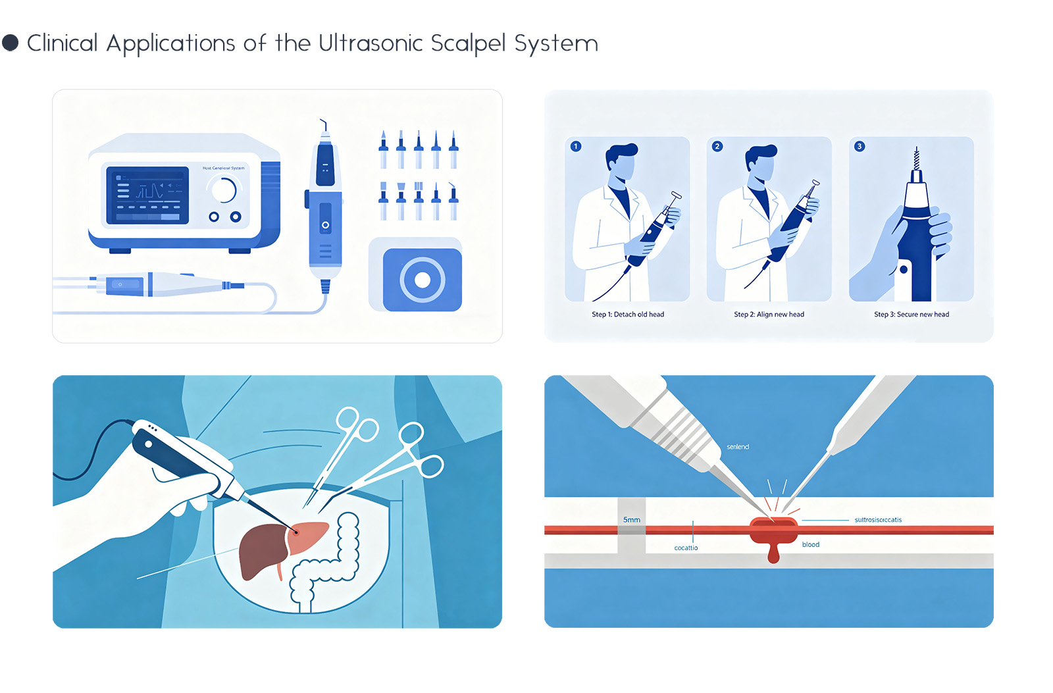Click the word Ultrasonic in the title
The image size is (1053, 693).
pyautogui.click(x=370, y=43)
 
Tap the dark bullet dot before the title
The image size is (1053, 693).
pyautogui.click(x=11, y=43)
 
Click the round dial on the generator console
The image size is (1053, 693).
pyautogui.click(x=224, y=190)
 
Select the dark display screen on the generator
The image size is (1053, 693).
pyautogui.click(x=147, y=195)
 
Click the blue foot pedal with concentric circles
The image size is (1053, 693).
pyautogui.click(x=422, y=280)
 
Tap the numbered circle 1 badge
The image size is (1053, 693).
pyautogui.click(x=576, y=146)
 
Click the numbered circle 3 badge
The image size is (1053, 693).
pyautogui.click(x=859, y=146)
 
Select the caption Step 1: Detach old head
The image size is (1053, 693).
pyautogui.click(x=627, y=315)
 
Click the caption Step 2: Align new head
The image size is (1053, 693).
pyautogui.click(x=769, y=315)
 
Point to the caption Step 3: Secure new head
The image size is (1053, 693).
pyautogui.click(x=911, y=315)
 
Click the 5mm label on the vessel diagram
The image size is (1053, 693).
pyautogui.click(x=631, y=520)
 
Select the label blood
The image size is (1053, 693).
pyautogui.click(x=810, y=544)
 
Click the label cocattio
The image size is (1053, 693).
pyautogui.click(x=686, y=548)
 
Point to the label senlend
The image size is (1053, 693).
pyautogui.click(x=737, y=447)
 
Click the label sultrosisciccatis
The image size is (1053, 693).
pyautogui.click(x=878, y=520)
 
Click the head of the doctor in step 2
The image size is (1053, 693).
pyautogui.click(x=760, y=163)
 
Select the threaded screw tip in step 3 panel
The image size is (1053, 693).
pyautogui.click(x=915, y=159)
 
